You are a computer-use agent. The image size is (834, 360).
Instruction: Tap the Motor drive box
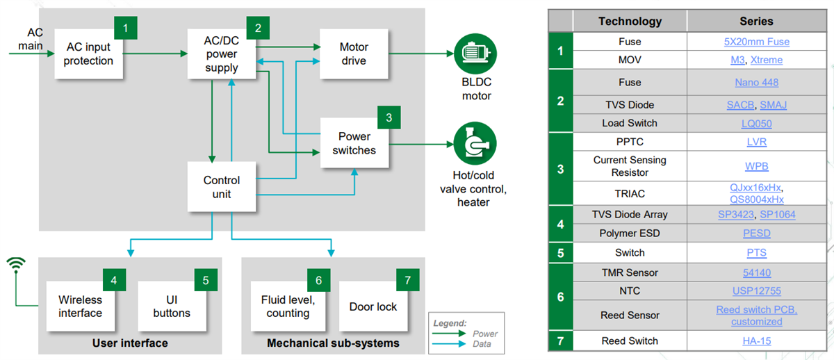click(354, 54)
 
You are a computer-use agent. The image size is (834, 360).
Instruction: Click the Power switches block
click(354, 143)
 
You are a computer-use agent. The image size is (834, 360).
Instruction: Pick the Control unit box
click(222, 186)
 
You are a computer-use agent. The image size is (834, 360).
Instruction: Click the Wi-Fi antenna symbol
click(16, 264)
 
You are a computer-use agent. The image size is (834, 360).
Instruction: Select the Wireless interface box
click(80, 306)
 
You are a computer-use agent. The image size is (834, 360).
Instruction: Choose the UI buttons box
click(171, 306)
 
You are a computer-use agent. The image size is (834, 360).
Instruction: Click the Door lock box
click(373, 306)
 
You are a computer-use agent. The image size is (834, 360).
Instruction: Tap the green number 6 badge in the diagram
click(318, 280)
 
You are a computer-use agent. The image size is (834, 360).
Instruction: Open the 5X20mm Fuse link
click(756, 42)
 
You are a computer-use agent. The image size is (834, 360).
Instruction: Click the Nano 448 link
click(756, 82)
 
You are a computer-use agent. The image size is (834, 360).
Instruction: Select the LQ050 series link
click(756, 124)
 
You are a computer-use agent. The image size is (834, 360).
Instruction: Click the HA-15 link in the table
click(756, 341)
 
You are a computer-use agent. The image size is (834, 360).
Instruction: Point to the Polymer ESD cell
click(630, 234)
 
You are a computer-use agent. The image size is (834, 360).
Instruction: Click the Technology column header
click(630, 21)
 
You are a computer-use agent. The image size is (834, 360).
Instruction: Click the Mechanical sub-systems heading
click(333, 343)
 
